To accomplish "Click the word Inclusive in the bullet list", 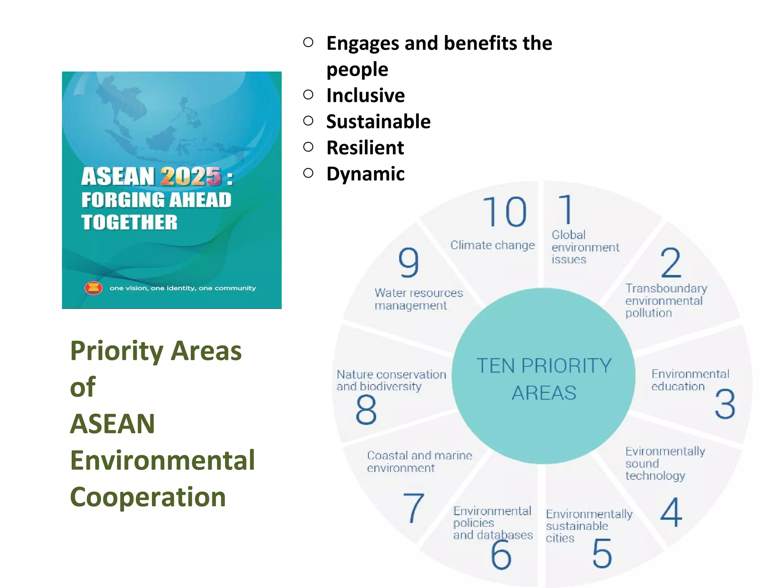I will (x=365, y=95).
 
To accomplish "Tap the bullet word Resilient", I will (x=365, y=148).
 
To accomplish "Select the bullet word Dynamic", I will (x=365, y=174).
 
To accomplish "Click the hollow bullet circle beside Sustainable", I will (x=308, y=121).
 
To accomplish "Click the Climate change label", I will (x=492, y=245).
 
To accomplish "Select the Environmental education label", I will (x=690, y=380).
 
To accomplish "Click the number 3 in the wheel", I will (x=725, y=404).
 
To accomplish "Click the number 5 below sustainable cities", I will (x=602, y=553).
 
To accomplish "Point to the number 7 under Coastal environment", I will (x=413, y=508).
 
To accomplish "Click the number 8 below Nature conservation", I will (x=366, y=410).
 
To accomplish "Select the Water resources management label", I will (x=418, y=299).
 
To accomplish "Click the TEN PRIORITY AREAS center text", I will (x=544, y=379).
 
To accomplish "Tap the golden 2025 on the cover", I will (x=191, y=176).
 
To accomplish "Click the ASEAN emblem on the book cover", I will (x=93, y=288).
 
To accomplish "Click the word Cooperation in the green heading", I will (x=148, y=497).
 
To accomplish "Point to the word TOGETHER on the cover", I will (x=129, y=222).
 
